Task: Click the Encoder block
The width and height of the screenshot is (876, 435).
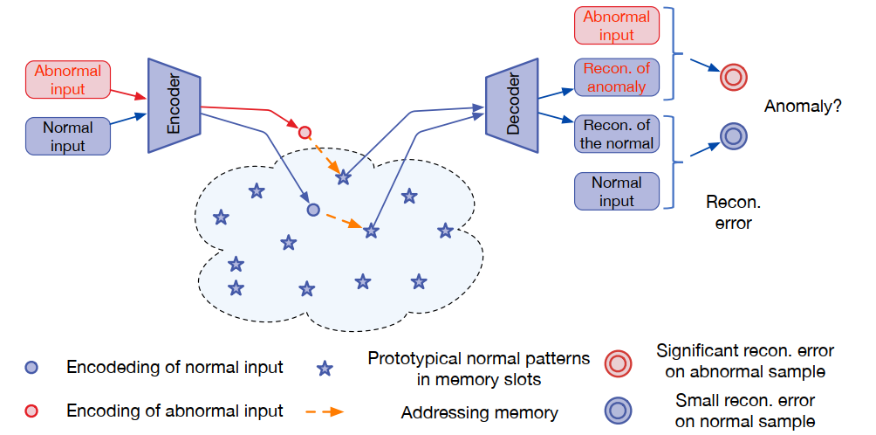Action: click(175, 106)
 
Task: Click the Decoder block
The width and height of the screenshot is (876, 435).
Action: click(511, 106)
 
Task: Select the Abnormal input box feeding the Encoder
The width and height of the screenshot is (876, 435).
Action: click(68, 79)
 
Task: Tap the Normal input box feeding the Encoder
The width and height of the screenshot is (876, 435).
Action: click(68, 136)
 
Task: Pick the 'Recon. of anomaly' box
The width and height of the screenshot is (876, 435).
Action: click(617, 78)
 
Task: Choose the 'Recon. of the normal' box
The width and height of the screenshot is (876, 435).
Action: click(617, 134)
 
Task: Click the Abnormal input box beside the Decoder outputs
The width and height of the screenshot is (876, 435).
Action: click(617, 26)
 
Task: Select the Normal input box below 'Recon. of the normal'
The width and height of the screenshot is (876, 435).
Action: click(617, 191)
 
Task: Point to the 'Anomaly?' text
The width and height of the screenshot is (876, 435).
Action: click(803, 107)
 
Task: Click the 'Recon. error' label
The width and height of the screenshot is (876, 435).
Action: click(733, 212)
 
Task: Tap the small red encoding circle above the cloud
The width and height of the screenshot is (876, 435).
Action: click(305, 133)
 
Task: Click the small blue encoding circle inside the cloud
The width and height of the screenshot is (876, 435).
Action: click(313, 210)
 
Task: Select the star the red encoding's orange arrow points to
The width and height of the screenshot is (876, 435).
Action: click(344, 177)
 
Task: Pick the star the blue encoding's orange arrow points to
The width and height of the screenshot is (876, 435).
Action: click(371, 231)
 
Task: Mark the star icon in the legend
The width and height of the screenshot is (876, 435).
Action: click(325, 369)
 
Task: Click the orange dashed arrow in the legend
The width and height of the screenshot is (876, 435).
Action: click(325, 411)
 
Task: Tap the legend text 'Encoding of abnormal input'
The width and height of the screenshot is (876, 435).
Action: click(175, 411)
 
